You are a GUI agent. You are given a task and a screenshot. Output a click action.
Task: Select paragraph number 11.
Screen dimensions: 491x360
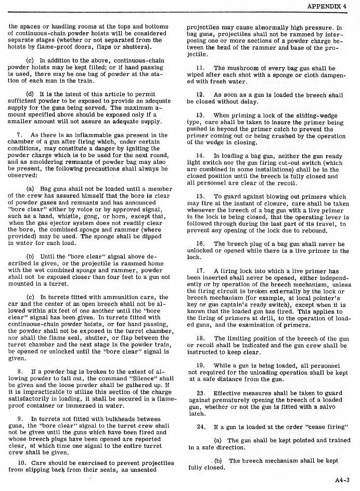coord(200,68)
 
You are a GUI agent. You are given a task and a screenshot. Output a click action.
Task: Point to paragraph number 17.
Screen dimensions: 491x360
coord(200,271)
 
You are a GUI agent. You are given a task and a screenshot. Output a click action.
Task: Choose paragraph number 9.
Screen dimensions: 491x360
coord(19,419)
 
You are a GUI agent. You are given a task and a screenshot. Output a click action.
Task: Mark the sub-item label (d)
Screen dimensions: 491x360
coord(30,94)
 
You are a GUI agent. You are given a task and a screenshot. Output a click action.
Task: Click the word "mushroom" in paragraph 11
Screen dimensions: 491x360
coord(240,68)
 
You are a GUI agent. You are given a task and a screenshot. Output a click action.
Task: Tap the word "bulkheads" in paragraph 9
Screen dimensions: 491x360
coord(105,419)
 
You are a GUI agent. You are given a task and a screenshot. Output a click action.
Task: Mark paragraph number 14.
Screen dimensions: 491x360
coord(200,156)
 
